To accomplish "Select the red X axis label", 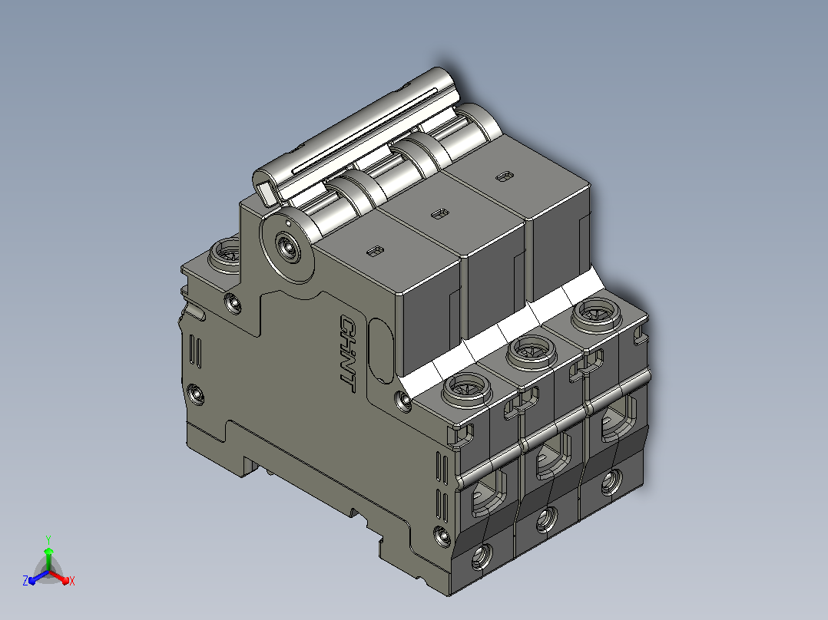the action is tap(72, 581).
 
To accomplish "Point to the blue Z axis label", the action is tap(25, 580).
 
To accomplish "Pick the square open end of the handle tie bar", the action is tap(266, 192).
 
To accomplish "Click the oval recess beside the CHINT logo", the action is tap(381, 350).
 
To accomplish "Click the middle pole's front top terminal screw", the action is tap(532, 351).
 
